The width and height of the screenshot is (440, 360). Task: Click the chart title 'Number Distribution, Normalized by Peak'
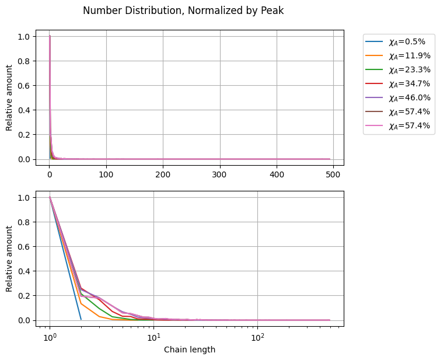tap(183, 11)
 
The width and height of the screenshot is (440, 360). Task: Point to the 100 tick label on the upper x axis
tap(106, 174)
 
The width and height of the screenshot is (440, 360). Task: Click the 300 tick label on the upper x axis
tap(220, 174)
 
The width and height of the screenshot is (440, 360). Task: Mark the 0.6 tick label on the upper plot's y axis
tap(23, 86)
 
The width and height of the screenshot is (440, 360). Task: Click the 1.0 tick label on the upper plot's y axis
tap(23, 37)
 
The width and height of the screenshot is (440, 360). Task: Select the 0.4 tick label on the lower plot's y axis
tap(23, 271)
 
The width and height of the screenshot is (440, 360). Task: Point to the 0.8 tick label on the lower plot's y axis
tap(23, 222)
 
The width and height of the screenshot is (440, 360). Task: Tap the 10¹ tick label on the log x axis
tap(153, 336)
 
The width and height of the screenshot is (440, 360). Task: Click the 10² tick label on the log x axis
tap(257, 336)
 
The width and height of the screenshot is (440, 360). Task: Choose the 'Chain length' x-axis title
tap(190, 349)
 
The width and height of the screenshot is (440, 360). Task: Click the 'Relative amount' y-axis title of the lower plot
tap(9, 258)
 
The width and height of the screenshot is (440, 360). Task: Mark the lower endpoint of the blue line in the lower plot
tap(81, 319)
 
